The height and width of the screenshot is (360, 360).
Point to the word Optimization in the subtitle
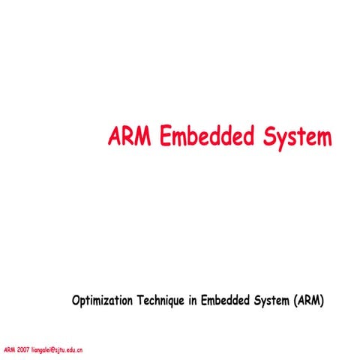pos(102,301)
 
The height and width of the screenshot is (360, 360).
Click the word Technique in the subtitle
pos(161,301)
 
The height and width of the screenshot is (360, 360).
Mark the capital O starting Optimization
pos(75,301)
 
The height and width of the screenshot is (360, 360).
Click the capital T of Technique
pos(139,301)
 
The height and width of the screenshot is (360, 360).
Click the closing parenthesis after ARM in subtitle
pos(322,301)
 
